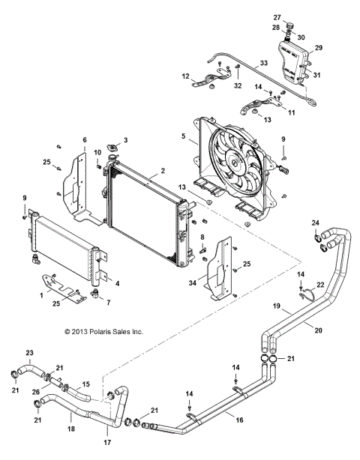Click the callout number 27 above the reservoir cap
point(277,16)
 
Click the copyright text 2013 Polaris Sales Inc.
point(103,330)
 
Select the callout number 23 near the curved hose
point(30,352)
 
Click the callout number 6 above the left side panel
point(85,140)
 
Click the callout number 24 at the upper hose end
point(315,222)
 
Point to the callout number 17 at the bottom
point(107,443)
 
